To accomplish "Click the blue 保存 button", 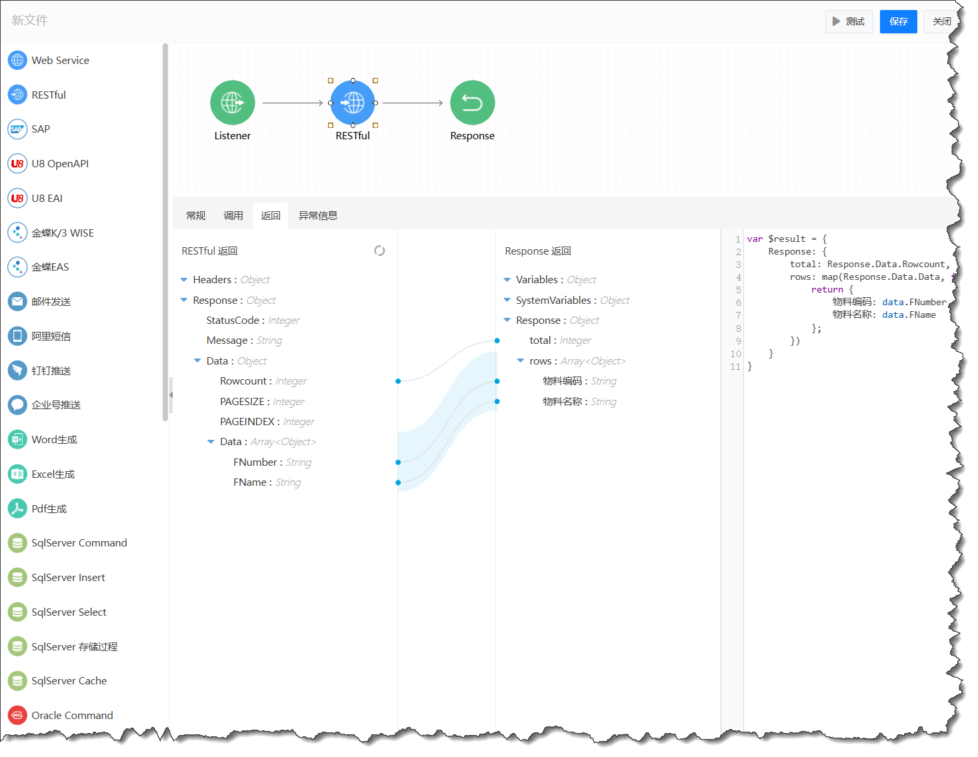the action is click(898, 21).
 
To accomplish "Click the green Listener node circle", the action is click(232, 103).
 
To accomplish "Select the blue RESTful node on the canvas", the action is click(353, 103).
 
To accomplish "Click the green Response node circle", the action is click(472, 103).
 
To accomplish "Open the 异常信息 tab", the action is click(318, 215).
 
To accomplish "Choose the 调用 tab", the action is click(233, 215).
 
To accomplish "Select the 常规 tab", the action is click(196, 215).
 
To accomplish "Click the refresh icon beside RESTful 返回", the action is click(379, 251).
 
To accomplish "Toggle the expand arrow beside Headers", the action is click(183, 280).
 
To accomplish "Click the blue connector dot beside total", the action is click(497, 341).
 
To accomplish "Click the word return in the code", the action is click(827, 289).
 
